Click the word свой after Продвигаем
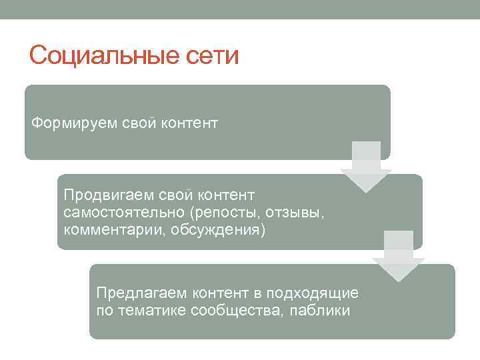pyautogui.click(x=169, y=195)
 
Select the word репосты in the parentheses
pyautogui.click(x=225, y=212)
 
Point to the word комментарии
pyautogui.click(x=107, y=230)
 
